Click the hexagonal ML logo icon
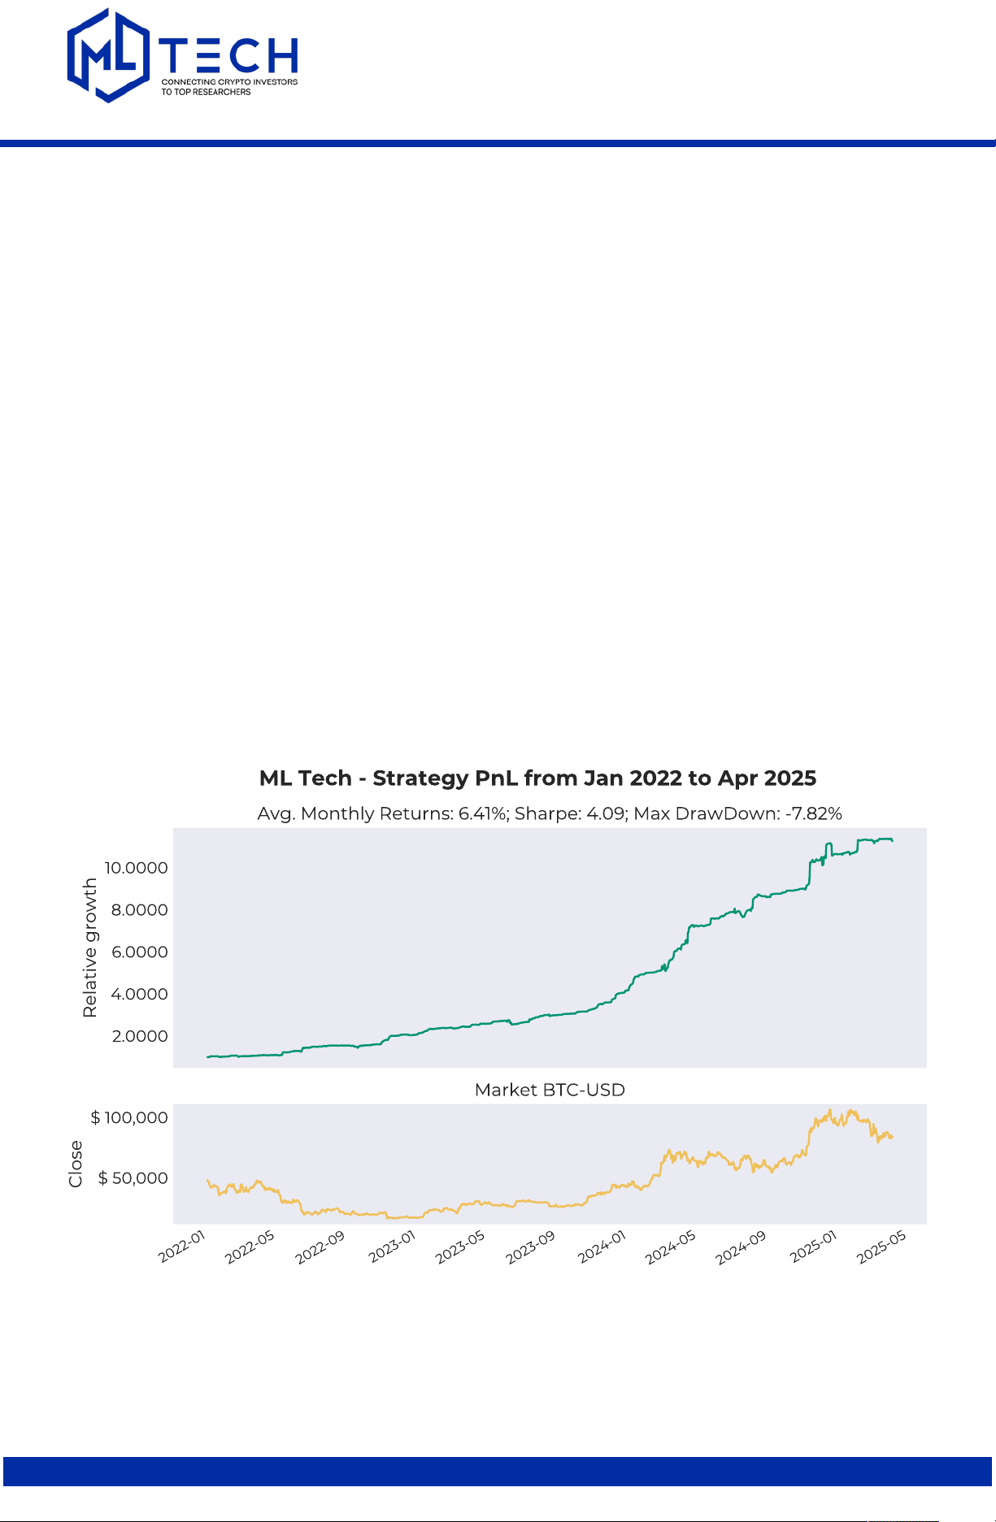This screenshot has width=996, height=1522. (108, 55)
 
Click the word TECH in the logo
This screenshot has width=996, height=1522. (229, 55)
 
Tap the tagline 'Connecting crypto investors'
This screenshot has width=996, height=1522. (229, 82)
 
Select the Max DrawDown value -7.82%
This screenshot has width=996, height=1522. (813, 813)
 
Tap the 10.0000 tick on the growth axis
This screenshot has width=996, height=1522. (136, 868)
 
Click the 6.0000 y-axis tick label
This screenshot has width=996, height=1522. (139, 952)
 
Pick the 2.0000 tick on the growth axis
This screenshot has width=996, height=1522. (140, 1037)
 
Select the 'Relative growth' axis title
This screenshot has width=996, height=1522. (89, 947)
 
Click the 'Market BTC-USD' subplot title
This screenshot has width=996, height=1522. (550, 1090)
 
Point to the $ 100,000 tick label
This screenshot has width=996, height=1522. (129, 1118)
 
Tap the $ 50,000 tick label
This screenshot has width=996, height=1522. (133, 1178)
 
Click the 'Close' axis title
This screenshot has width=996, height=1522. (76, 1164)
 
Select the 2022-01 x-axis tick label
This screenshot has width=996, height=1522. (182, 1247)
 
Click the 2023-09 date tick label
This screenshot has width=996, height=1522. (530, 1247)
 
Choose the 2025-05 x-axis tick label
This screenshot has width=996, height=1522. (881, 1247)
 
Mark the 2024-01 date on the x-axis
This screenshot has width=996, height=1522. (602, 1247)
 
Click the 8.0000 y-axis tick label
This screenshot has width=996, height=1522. (139, 910)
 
